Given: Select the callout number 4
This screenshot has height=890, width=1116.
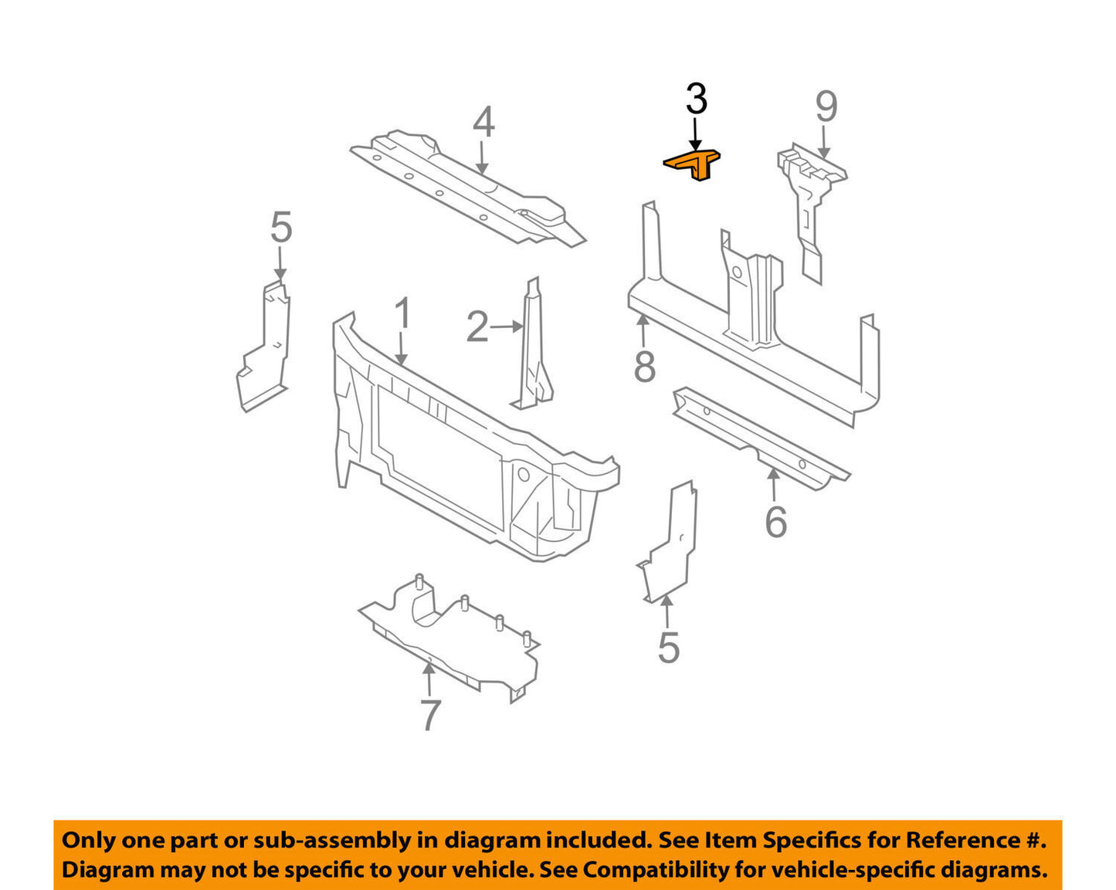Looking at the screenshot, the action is click(483, 122).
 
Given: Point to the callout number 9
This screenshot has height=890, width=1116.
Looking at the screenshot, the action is click(826, 107).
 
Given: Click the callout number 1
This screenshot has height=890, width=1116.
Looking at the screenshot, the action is click(402, 313).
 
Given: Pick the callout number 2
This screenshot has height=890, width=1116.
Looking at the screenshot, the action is click(477, 327).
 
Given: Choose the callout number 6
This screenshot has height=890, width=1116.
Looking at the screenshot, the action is click(776, 522).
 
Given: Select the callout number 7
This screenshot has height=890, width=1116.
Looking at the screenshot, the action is click(430, 716).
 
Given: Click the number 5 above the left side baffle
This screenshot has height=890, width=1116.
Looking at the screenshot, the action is click(281, 227).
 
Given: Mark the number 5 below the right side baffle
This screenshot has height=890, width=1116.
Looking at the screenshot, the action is click(669, 648).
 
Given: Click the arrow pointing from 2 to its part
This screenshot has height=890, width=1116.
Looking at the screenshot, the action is click(506, 327).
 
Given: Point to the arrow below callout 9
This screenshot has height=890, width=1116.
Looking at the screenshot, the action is click(824, 142).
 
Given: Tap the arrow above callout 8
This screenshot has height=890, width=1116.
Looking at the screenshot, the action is click(643, 330).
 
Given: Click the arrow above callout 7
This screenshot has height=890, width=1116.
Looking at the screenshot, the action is click(429, 679).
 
